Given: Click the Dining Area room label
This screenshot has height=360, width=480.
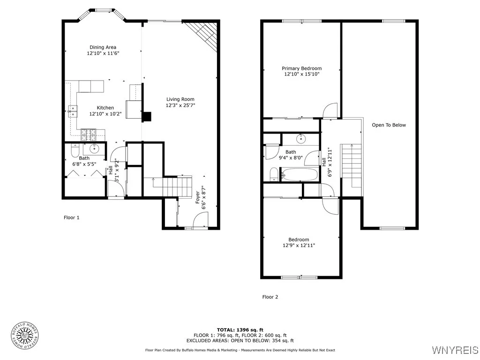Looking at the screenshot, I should click(x=103, y=47).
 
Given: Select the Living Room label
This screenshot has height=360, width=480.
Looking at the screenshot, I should click(x=180, y=99).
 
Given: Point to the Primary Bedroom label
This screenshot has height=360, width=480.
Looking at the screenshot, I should click(x=301, y=68).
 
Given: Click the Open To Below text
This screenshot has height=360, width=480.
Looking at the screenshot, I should click(x=389, y=125).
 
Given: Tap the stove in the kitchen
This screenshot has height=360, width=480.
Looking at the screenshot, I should click(x=88, y=135).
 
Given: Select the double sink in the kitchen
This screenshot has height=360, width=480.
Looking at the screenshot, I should click(x=73, y=111).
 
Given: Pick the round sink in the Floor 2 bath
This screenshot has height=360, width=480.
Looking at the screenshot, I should click(x=300, y=139).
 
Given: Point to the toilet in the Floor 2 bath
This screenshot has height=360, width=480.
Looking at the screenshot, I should click(x=274, y=175).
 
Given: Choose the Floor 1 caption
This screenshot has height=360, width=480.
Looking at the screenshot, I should click(x=72, y=217).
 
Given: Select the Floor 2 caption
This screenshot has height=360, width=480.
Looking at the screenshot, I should click(x=270, y=297).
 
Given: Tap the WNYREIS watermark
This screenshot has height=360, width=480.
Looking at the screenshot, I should click(x=455, y=350).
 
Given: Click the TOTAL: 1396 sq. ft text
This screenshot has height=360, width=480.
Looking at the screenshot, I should click(x=240, y=330).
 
